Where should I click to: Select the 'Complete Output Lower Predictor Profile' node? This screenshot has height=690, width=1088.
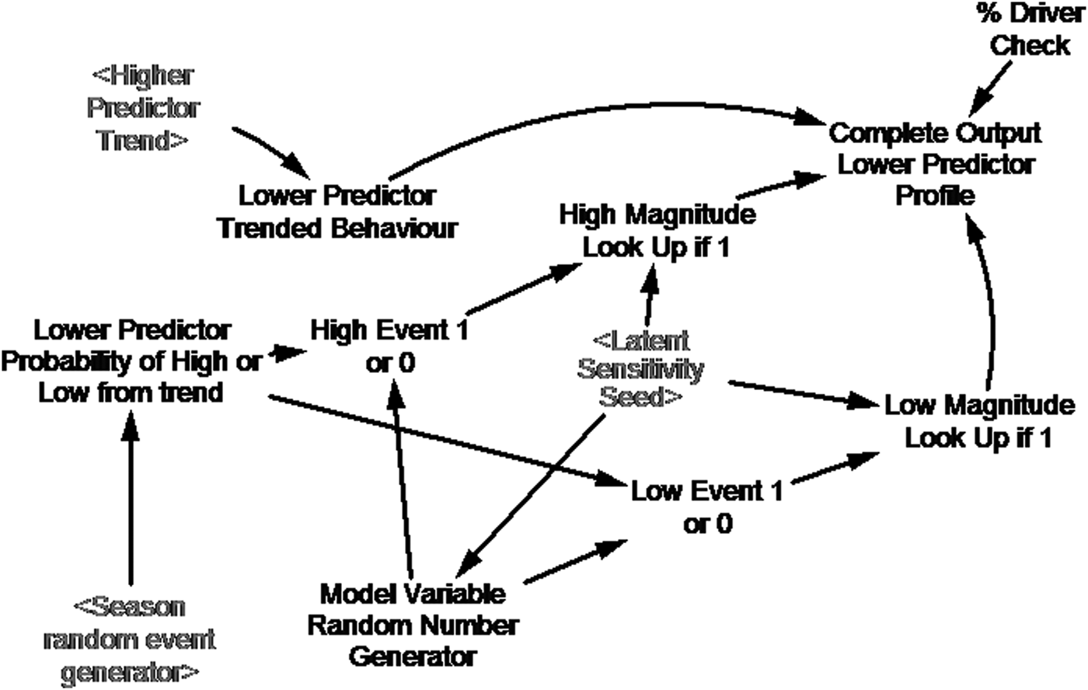[x=935, y=164]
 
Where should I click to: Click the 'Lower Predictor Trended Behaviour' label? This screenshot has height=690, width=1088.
[x=337, y=211]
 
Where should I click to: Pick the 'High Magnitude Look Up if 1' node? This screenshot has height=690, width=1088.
[x=657, y=231]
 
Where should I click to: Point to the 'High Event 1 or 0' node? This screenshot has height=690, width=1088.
[x=389, y=346]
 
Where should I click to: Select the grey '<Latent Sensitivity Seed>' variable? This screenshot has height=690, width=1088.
[x=640, y=369]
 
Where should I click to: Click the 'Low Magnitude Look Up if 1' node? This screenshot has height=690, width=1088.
[x=979, y=420]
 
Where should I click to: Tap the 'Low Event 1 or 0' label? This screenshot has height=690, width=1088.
[x=706, y=507]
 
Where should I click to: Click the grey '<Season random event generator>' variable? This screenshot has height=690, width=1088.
[x=130, y=639]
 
